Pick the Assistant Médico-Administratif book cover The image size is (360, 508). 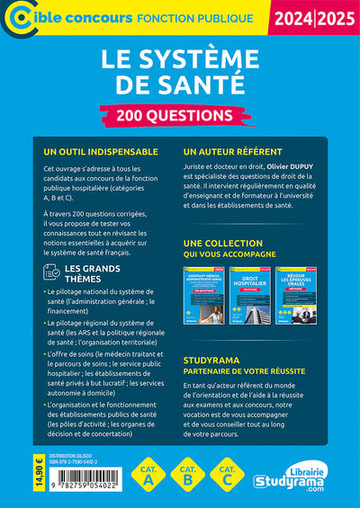(205, 297)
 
